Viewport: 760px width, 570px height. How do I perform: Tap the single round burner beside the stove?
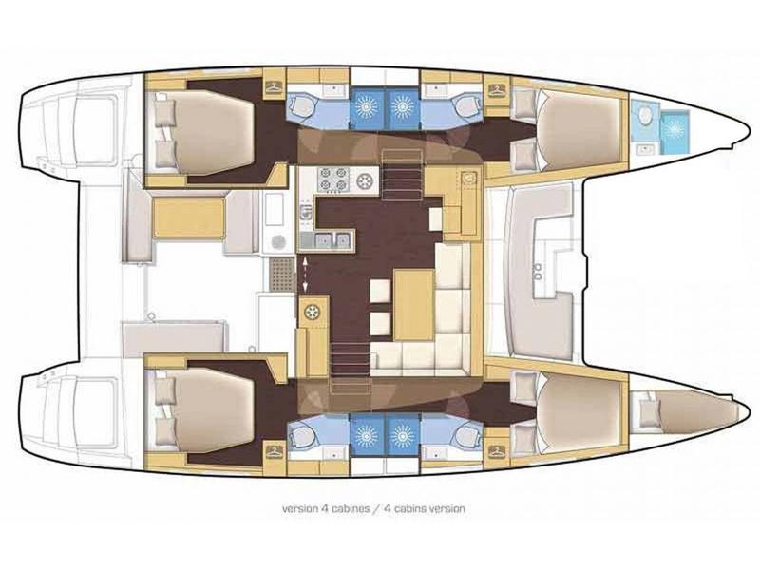pyautogui.click(x=366, y=179)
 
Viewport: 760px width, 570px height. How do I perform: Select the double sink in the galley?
pyautogui.click(x=332, y=240)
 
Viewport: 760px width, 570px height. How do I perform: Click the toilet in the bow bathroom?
pyautogui.click(x=645, y=116)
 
